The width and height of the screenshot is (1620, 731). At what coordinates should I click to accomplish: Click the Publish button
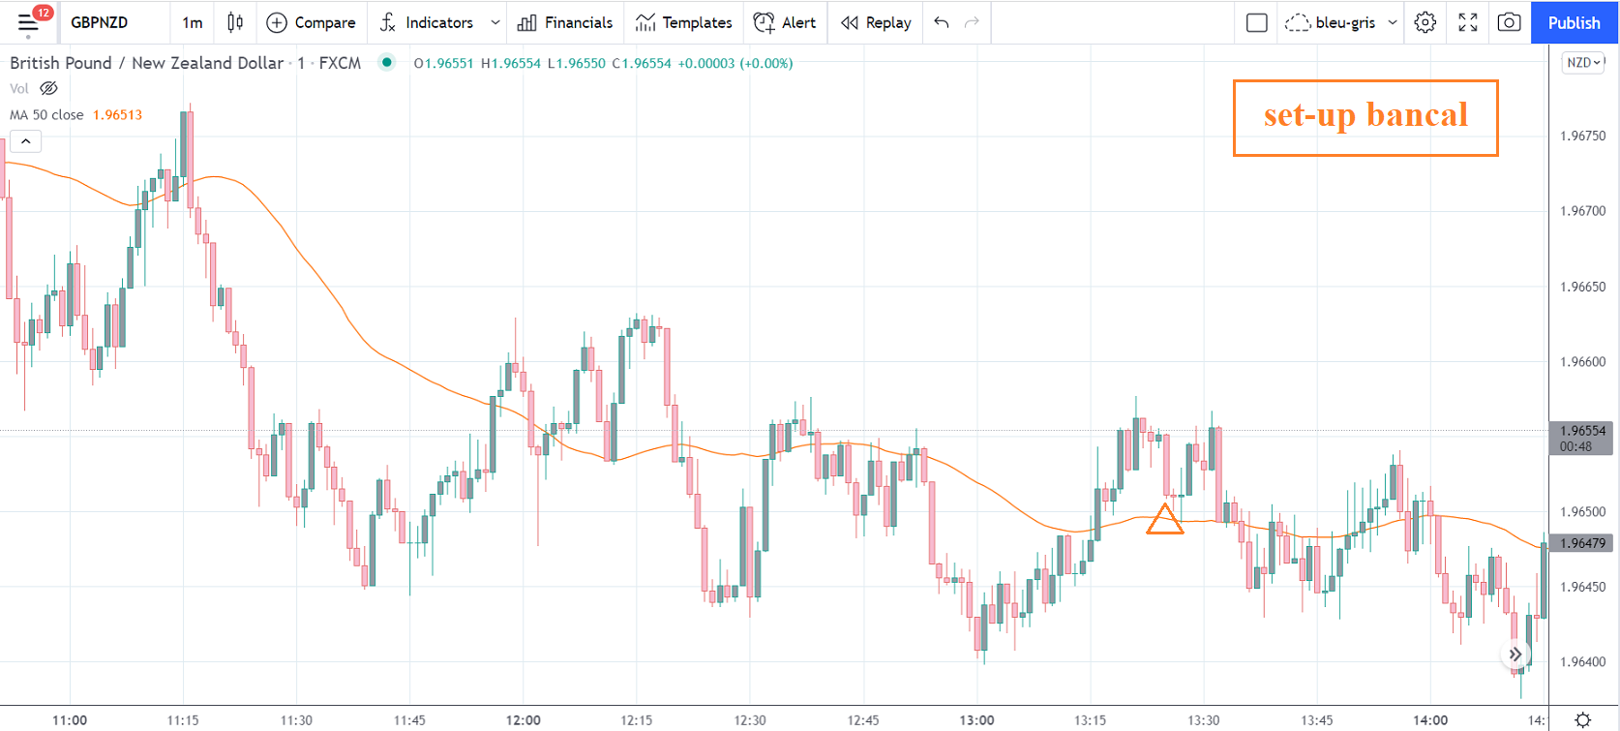[x=1574, y=22]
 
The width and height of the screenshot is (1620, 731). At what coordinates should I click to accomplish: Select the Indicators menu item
[x=428, y=22]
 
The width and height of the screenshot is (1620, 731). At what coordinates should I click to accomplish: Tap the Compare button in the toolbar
[x=311, y=22]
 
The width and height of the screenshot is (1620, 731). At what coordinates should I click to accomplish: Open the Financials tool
[x=565, y=22]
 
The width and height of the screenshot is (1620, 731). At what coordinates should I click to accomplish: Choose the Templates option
[x=684, y=22]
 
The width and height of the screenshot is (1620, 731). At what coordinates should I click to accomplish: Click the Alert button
[x=785, y=22]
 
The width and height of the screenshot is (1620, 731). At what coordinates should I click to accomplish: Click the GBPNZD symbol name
[x=100, y=22]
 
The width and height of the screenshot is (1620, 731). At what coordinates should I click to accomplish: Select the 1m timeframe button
[x=193, y=22]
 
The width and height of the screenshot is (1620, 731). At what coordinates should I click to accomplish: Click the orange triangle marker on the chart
[x=1164, y=520]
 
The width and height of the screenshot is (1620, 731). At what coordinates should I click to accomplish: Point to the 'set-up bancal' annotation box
[x=1365, y=117]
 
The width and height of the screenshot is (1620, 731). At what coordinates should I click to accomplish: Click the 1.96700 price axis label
[x=1582, y=211]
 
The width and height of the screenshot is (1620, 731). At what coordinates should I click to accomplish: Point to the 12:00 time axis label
[x=524, y=720]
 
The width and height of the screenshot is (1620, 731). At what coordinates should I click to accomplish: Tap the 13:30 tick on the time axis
[x=1203, y=720]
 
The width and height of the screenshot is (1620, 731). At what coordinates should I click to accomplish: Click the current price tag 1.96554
[x=1582, y=431]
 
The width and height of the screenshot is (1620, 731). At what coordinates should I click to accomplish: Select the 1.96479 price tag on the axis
[x=1582, y=543]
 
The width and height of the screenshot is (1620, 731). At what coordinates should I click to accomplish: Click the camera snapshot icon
[x=1509, y=22]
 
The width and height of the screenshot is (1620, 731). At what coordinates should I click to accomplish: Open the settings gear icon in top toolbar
[x=1425, y=22]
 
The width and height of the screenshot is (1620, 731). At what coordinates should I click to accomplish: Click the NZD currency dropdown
[x=1583, y=63]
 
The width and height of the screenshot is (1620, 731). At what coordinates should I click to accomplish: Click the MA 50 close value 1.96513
[x=117, y=114]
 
